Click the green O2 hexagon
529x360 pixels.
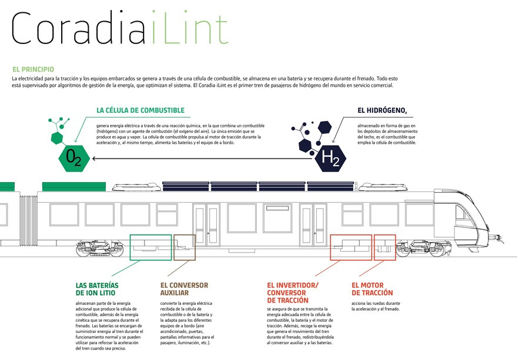point(74,158)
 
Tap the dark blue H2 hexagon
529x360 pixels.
point(330,158)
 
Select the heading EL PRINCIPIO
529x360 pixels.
point(33,69)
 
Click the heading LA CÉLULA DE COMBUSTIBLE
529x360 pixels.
point(140,110)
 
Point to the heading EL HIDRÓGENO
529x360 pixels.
point(382,110)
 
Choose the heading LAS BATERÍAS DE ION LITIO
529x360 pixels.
point(97,289)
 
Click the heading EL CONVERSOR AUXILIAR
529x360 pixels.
point(184,289)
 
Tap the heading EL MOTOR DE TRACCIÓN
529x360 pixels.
point(372,289)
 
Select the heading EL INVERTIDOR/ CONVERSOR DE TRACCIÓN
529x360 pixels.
point(293,293)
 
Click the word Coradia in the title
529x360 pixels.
point(79,28)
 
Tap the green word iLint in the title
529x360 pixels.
point(190,27)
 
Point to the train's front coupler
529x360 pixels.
point(498,238)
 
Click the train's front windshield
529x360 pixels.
point(466,213)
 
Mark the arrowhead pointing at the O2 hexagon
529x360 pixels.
point(94,159)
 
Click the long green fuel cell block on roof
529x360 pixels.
point(74,186)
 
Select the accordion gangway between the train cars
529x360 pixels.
point(28,220)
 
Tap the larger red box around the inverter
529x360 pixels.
point(330,247)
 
